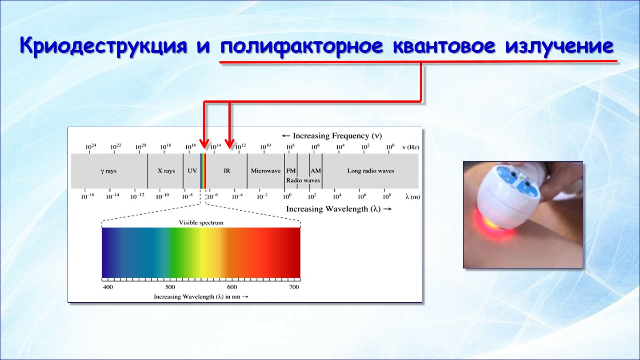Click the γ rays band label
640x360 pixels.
108,171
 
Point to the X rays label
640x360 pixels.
166,171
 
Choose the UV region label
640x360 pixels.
192,171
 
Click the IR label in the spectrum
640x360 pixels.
227,171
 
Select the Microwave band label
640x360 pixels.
265,171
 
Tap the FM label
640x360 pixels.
291,171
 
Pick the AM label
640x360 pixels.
316,171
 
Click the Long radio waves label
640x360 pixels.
371,171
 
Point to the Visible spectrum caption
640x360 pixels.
201,223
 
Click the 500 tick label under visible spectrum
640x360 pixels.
170,287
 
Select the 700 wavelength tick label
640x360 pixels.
294,287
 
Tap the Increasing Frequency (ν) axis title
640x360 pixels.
332,136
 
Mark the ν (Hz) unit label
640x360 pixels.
411,147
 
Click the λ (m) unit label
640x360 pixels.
412,196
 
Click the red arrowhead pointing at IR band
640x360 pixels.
229,144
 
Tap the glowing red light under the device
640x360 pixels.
492,226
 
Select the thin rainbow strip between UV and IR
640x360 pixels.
203,171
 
